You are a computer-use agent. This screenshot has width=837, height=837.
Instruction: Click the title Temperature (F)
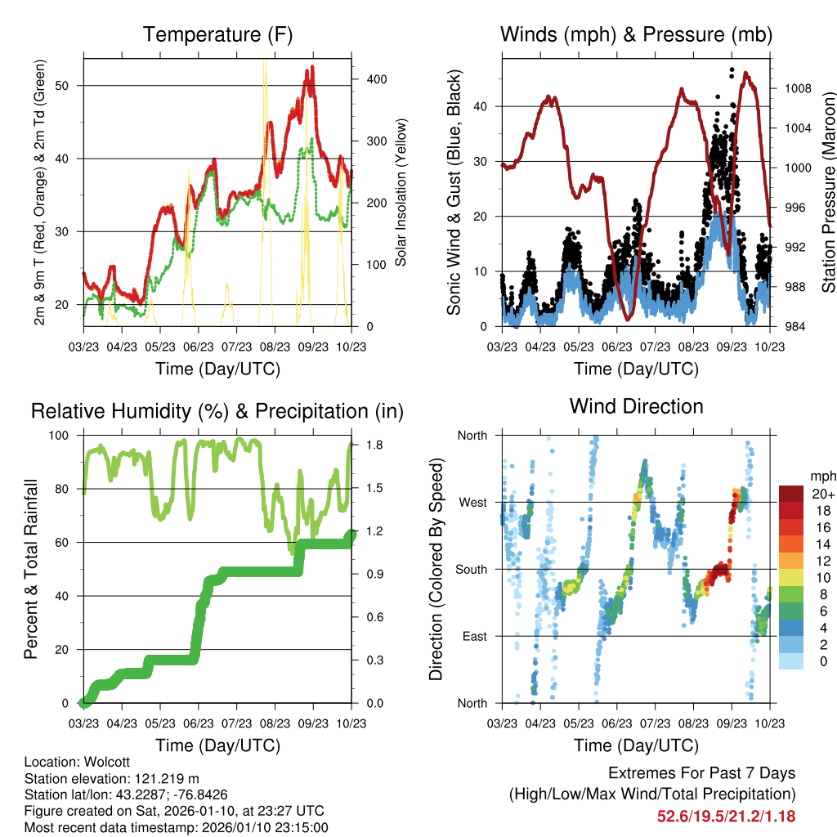click(217, 34)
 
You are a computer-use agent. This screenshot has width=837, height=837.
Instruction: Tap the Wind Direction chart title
click(636, 405)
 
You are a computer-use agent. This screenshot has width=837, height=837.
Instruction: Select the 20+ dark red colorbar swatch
click(794, 494)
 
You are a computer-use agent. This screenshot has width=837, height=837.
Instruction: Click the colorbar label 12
click(824, 560)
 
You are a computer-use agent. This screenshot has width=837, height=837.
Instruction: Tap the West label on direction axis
click(472, 502)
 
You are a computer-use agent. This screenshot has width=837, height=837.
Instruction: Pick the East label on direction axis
click(474, 636)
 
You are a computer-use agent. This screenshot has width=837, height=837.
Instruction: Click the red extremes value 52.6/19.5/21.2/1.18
click(726, 816)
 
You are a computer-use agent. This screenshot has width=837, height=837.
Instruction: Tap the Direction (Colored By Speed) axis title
click(436, 569)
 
